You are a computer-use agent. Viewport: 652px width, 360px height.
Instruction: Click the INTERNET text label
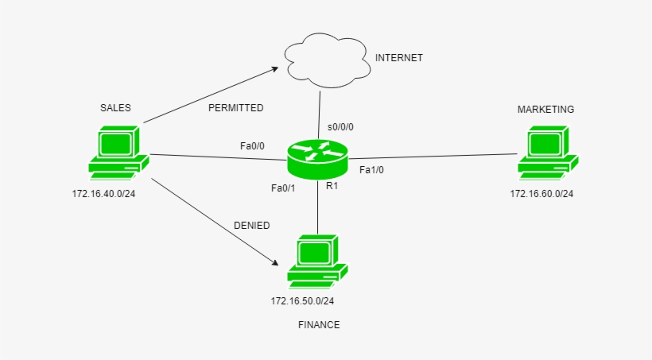(399, 58)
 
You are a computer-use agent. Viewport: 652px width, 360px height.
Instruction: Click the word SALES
(115, 107)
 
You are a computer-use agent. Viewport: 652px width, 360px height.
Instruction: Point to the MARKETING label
(545, 109)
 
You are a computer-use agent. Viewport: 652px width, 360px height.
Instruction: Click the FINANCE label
(319, 325)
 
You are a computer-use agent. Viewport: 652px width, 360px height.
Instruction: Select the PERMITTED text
(235, 107)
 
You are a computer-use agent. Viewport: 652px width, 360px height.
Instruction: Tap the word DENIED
(251, 226)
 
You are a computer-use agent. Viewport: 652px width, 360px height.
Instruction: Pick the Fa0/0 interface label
(253, 146)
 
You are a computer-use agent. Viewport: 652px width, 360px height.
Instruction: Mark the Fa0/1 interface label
(283, 188)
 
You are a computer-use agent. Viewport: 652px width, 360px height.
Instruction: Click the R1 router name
(332, 186)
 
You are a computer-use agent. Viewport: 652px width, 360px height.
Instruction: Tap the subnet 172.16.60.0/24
(541, 194)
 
